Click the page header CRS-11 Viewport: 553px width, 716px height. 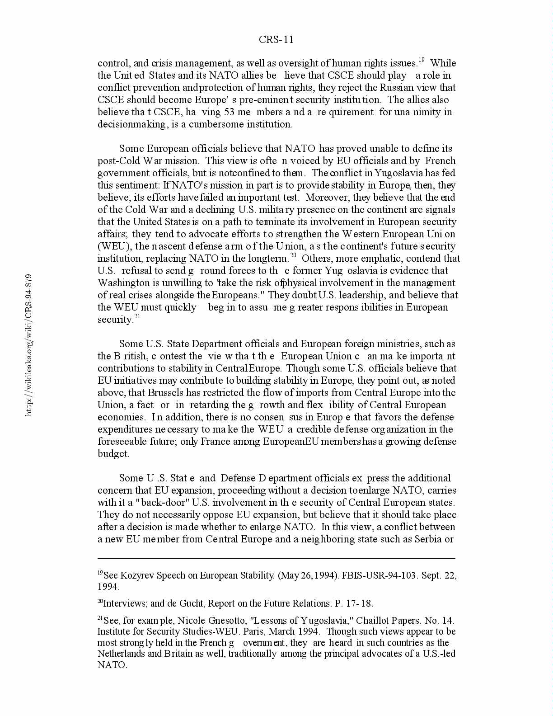[x=276, y=40]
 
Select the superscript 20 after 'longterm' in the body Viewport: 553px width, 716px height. [x=293, y=255]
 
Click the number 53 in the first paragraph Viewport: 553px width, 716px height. [x=233, y=112]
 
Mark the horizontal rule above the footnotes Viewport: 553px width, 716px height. [x=276, y=559]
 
